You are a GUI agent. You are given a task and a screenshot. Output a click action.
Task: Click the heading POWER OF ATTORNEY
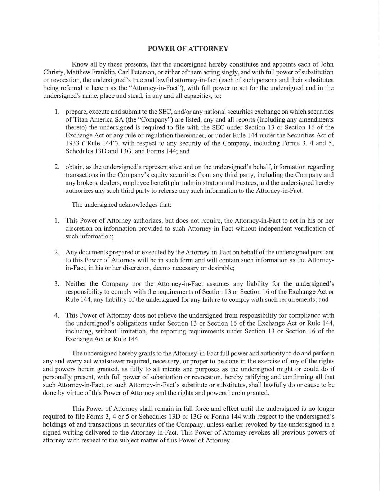pyautogui.click(x=188, y=49)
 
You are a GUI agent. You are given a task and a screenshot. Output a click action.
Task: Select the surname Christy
pyautogui.click(x=53, y=72)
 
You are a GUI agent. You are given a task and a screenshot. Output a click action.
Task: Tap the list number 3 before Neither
pyautogui.click(x=57, y=284)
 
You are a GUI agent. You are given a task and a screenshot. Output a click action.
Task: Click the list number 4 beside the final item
pyautogui.click(x=57, y=315)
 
